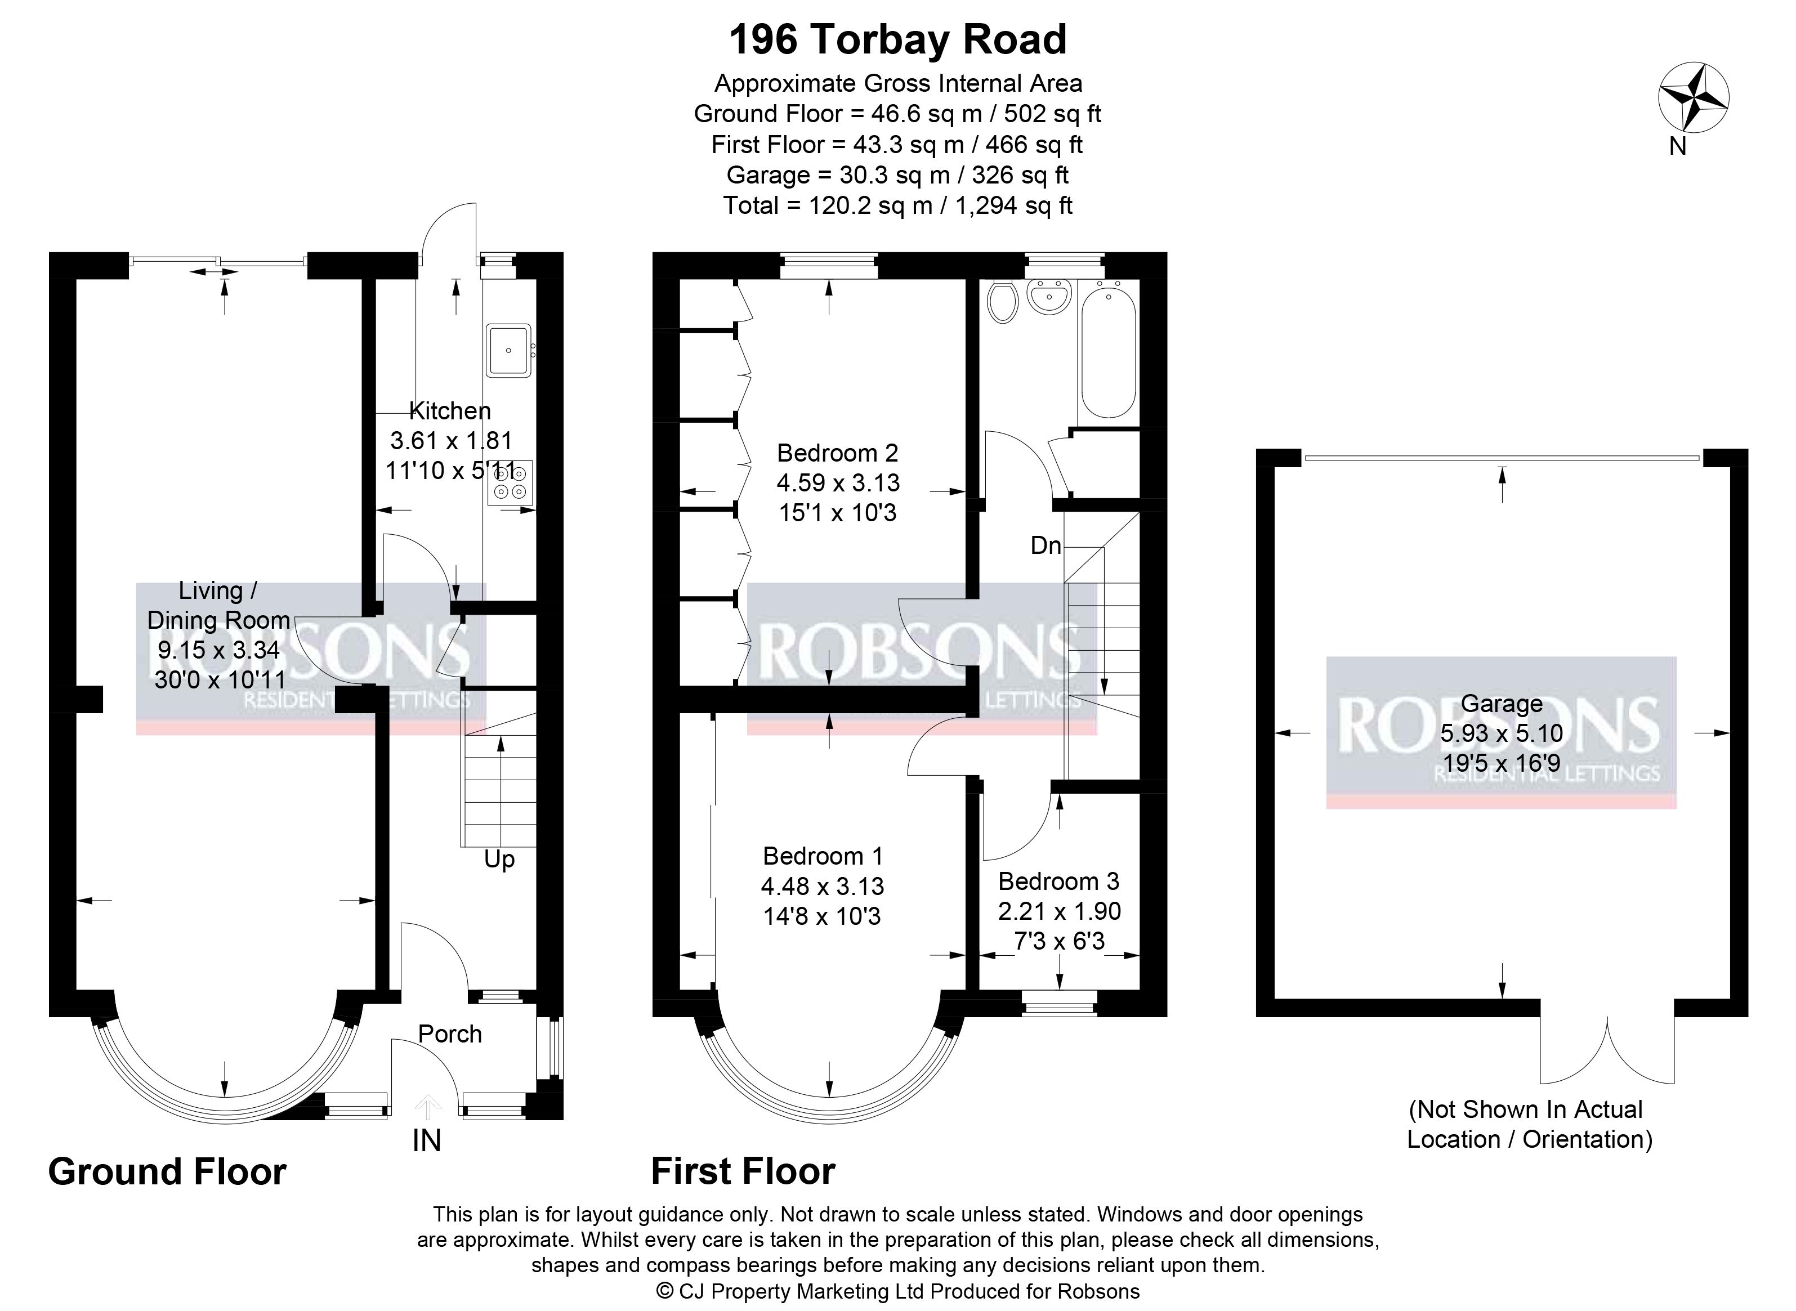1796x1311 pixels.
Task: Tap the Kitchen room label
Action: [450, 410]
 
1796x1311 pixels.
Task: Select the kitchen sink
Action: [509, 350]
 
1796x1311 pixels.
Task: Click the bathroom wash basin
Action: [1049, 297]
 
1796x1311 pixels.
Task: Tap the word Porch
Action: [450, 1033]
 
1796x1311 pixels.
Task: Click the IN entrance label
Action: [427, 1140]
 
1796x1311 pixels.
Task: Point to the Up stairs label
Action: [499, 860]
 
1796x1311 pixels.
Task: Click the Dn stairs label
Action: [1046, 545]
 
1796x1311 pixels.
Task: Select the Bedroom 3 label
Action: [1058, 881]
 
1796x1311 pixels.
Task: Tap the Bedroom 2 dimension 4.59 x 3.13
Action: [838, 482]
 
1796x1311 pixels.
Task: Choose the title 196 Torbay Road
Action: [897, 39]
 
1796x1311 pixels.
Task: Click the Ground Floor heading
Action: [167, 1171]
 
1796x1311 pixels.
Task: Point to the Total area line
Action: [897, 205]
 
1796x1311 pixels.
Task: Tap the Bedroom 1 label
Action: [822, 856]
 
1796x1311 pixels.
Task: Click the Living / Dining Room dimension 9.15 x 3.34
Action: [218, 650]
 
